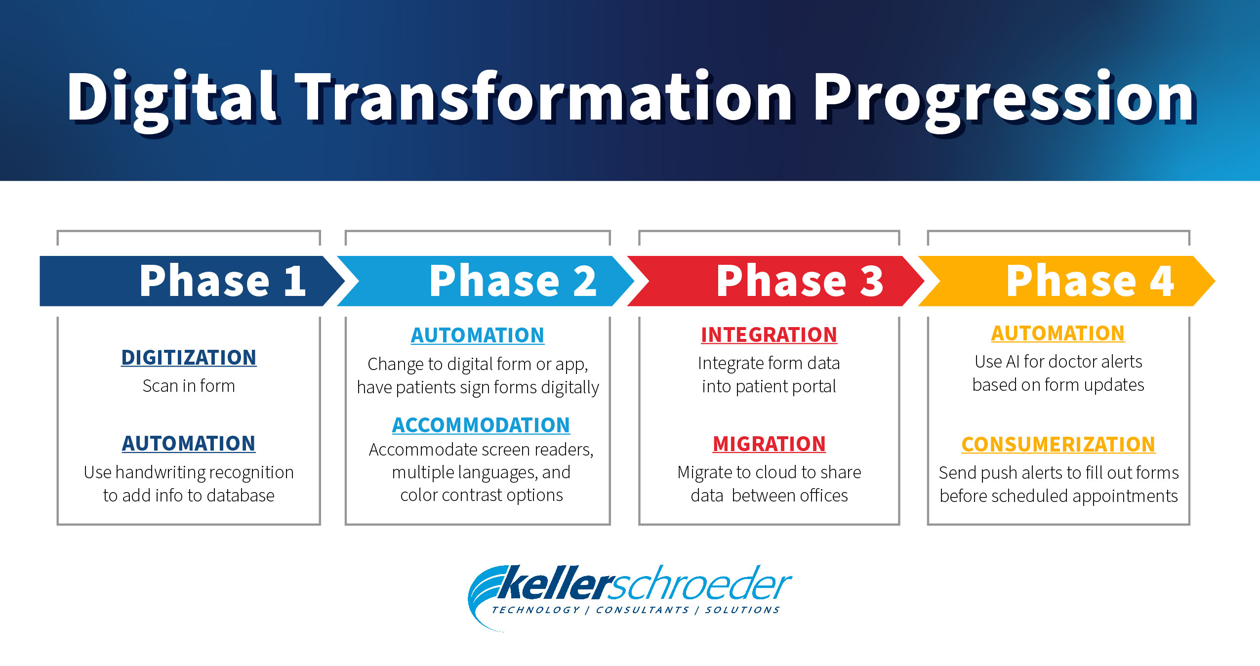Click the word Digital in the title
click(172, 99)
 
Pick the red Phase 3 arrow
click(775, 281)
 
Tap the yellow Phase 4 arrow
click(1066, 281)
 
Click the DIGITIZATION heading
click(189, 357)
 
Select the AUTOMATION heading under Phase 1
click(189, 443)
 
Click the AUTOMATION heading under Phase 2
click(478, 335)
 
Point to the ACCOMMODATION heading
click(481, 425)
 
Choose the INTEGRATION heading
click(769, 334)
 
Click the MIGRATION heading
click(769, 444)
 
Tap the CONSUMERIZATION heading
click(1058, 444)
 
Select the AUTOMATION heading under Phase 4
click(1058, 333)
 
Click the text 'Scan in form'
click(189, 385)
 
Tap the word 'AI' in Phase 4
click(1013, 362)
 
